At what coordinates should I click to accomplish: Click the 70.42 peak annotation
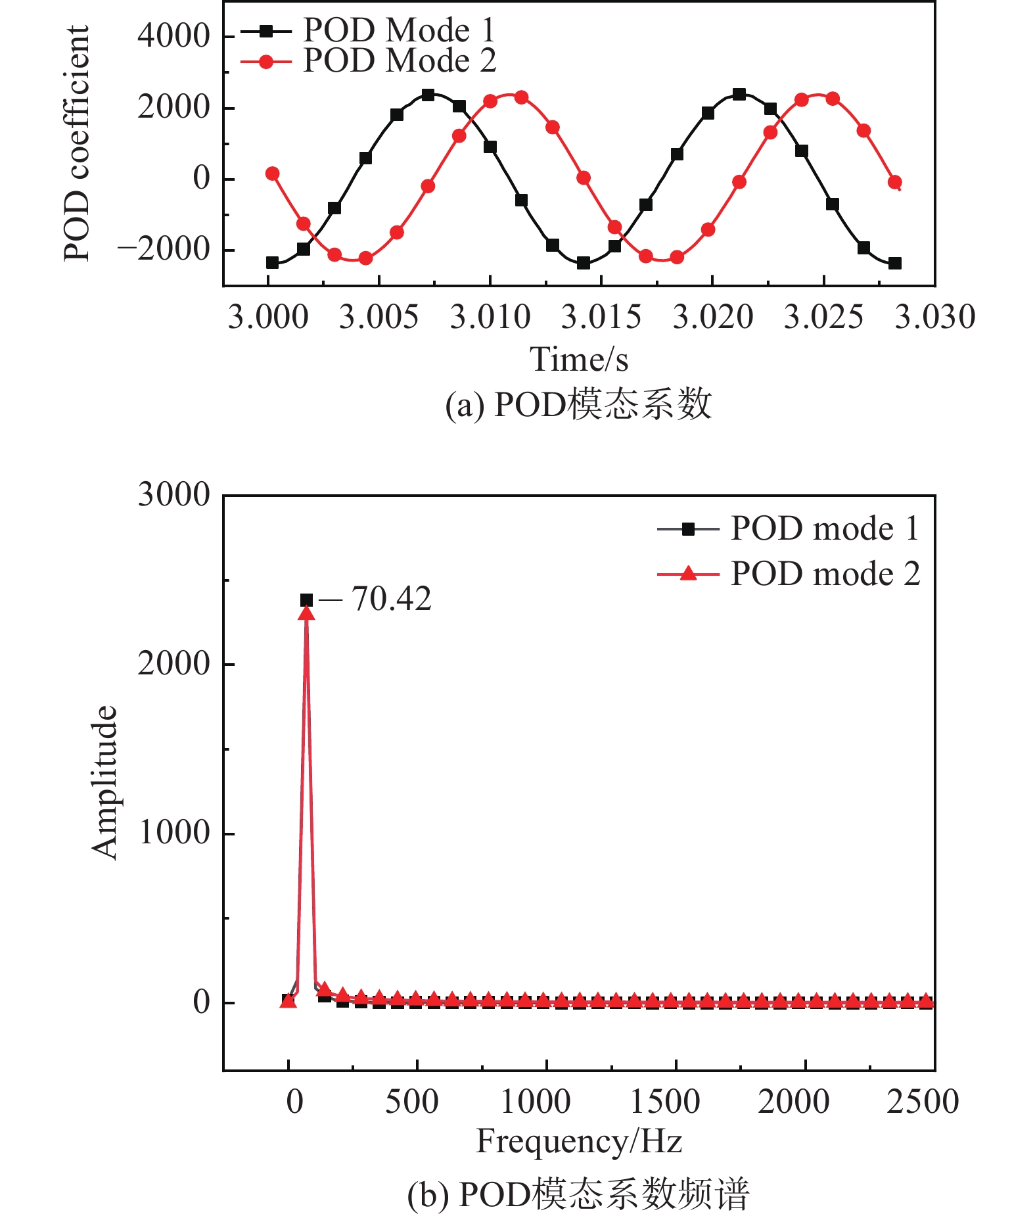(x=391, y=599)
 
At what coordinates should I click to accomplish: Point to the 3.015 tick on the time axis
(x=601, y=317)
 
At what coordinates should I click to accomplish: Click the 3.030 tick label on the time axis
(x=934, y=317)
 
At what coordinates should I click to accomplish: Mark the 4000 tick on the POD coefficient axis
(x=173, y=35)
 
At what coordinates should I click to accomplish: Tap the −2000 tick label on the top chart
(x=163, y=249)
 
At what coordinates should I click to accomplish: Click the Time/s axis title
(x=578, y=360)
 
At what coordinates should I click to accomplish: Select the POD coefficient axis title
(x=76, y=143)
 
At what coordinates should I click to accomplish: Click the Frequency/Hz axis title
(x=578, y=1140)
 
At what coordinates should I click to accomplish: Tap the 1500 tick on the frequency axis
(x=664, y=1101)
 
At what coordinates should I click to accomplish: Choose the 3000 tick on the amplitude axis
(x=173, y=494)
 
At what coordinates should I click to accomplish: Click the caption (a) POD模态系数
(x=578, y=404)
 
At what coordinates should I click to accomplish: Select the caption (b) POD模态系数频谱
(x=578, y=1194)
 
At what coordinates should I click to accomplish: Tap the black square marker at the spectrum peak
(x=306, y=599)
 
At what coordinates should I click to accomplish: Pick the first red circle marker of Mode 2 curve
(x=272, y=174)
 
